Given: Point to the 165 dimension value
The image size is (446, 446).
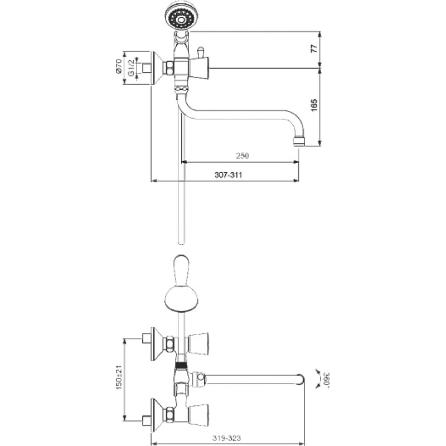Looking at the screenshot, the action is point(314,105).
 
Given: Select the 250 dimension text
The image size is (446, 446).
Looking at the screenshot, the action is point(243,156).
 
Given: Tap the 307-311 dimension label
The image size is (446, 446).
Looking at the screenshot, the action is point(228,174).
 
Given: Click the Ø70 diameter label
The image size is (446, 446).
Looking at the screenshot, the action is point(119,66).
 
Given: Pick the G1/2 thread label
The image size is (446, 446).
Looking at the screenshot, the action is point(131,67).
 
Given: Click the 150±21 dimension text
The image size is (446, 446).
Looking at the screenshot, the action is point(119,377).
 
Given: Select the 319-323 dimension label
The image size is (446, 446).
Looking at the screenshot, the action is point(227,438).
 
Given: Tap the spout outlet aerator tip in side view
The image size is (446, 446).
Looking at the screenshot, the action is point(299,142).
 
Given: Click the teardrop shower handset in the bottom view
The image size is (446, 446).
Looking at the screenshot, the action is point(180,284).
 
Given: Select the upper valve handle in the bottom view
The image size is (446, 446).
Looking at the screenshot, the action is point(198,344).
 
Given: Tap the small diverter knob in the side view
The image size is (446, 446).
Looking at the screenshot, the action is point(201,52).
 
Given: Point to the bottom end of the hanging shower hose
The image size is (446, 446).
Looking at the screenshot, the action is point(181,243).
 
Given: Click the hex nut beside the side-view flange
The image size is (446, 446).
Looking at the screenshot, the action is point(169,68).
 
